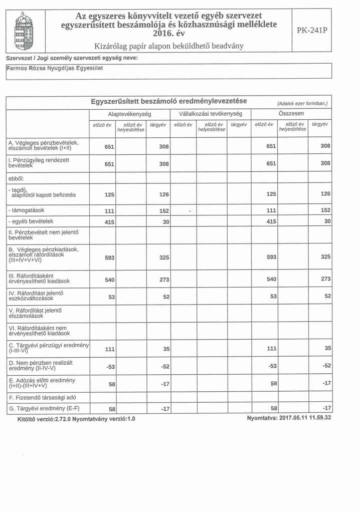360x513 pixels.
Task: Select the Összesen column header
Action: point(292,114)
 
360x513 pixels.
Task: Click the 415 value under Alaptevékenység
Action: point(110,221)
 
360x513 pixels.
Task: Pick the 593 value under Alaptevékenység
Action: point(110,259)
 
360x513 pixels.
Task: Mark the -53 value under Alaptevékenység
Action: point(111,367)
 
